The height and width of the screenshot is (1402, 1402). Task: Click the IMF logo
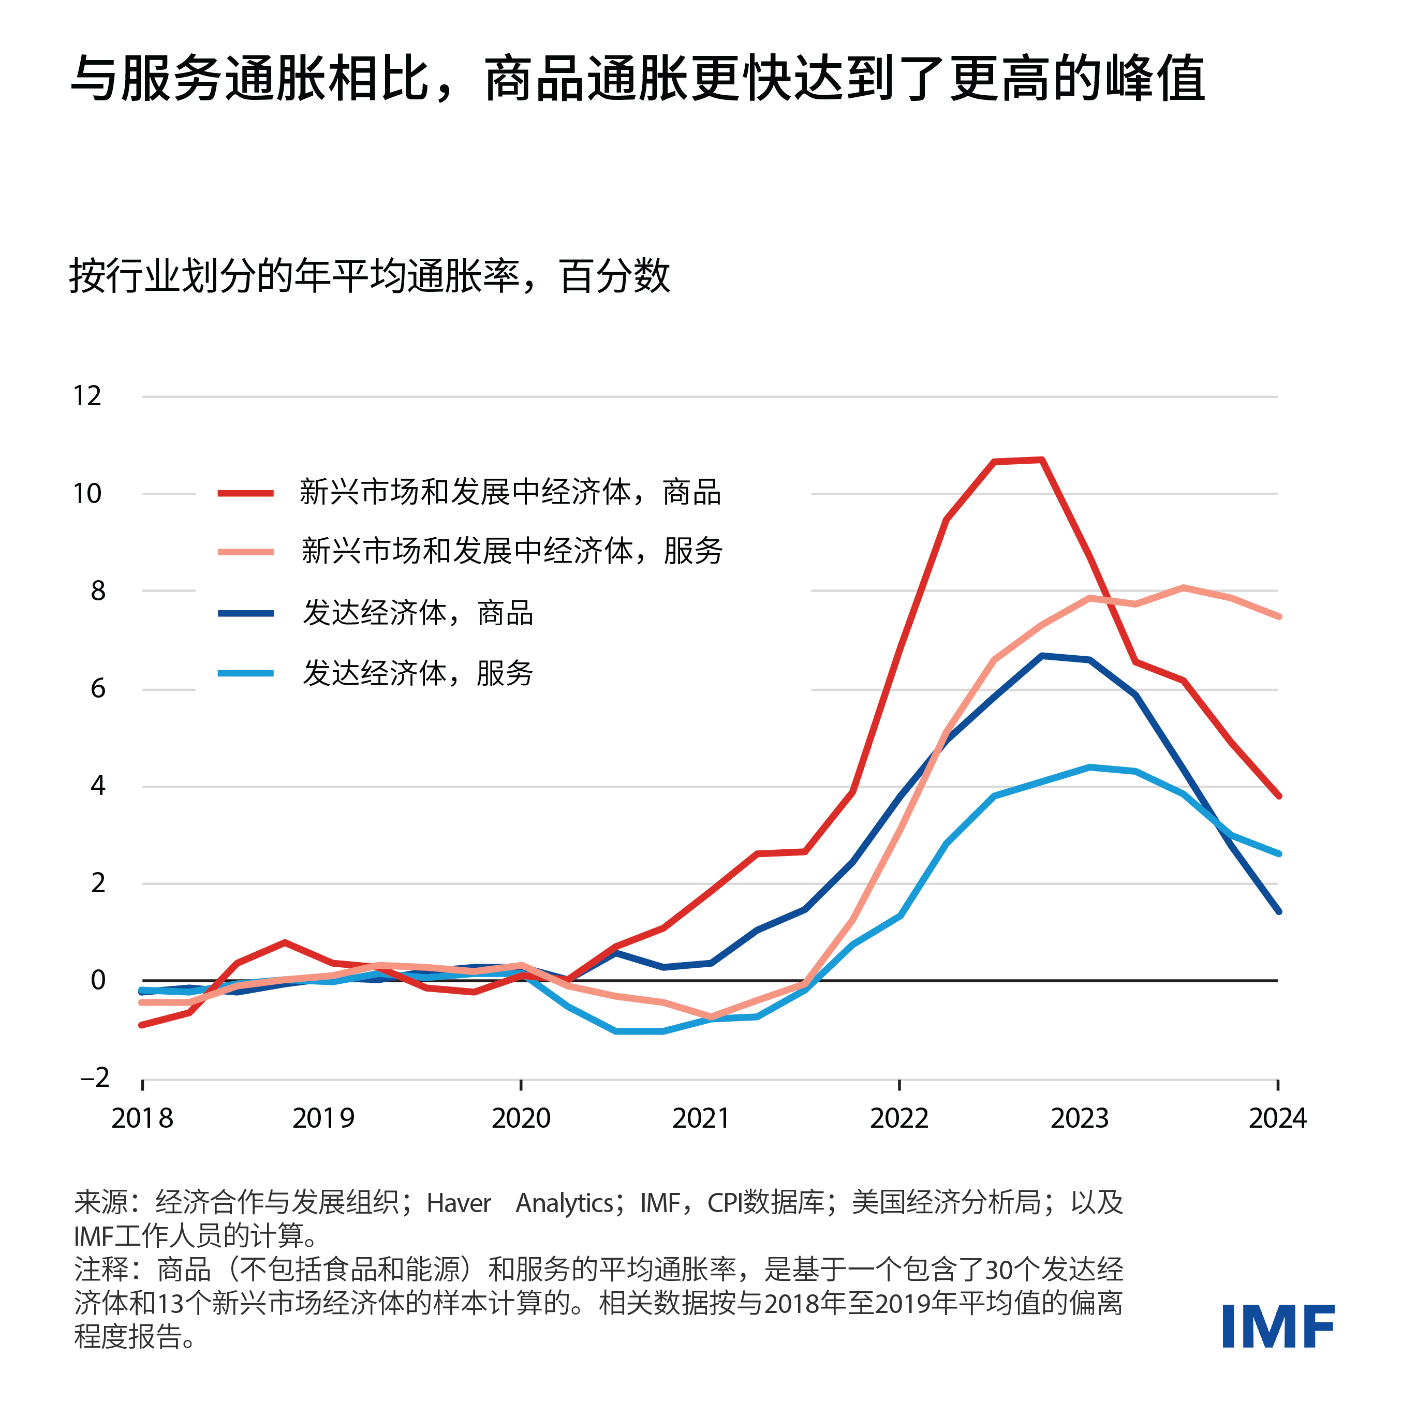tap(1277, 1326)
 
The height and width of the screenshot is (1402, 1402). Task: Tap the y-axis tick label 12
tap(87, 396)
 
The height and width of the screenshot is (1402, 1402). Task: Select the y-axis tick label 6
tap(98, 688)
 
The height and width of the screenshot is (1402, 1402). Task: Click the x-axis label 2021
tap(700, 1118)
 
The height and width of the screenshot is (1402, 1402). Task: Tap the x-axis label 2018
tap(142, 1118)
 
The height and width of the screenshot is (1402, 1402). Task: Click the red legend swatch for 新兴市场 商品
tap(246, 493)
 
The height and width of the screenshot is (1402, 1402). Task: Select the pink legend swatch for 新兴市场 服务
tap(246, 552)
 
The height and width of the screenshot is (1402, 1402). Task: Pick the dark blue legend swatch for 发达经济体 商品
tap(246, 614)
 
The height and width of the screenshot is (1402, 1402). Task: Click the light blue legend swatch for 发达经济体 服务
tap(246, 673)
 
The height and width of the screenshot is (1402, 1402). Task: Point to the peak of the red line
tap(1041, 460)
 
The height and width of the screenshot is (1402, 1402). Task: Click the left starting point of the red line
tap(142, 1025)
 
